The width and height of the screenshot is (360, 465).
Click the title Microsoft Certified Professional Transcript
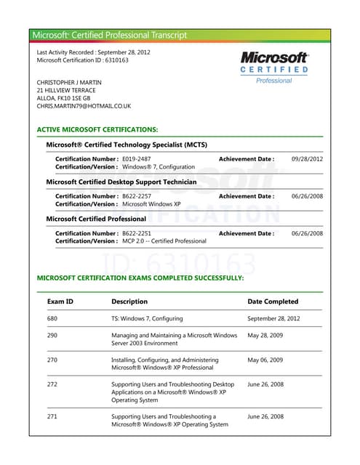(x=110, y=35)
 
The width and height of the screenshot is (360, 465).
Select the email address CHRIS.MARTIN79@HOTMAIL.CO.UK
(x=84, y=106)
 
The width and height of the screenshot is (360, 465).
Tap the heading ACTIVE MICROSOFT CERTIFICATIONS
(x=97, y=129)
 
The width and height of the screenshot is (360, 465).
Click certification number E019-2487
(x=137, y=158)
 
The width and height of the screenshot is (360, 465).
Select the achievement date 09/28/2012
(x=307, y=158)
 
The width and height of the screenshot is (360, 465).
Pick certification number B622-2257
(x=137, y=196)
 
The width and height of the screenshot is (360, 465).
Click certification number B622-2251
(x=137, y=233)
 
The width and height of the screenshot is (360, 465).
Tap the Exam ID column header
(x=60, y=302)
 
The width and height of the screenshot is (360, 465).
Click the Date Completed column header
(x=273, y=302)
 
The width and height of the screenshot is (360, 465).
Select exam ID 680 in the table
(x=52, y=318)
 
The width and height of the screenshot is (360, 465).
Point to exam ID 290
(x=52, y=336)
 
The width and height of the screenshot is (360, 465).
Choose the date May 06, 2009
(x=265, y=360)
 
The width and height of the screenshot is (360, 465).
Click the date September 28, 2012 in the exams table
(x=273, y=318)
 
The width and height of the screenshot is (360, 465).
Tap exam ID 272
(x=52, y=384)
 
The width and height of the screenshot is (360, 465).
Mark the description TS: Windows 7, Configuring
(x=147, y=318)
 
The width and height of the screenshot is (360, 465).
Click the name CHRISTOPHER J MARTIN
(x=69, y=82)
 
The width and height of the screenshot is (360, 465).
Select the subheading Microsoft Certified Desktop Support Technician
(x=121, y=182)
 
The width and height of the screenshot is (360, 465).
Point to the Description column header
(x=129, y=302)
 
